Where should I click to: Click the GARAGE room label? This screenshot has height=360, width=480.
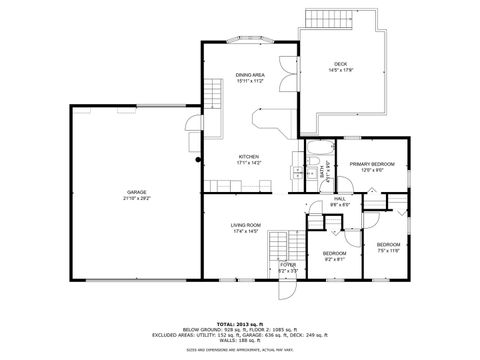(x=136, y=191)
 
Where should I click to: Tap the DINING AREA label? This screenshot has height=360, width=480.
(x=250, y=75)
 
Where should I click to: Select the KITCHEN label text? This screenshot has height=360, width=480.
(x=249, y=156)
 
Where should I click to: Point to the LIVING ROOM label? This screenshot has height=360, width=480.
(x=245, y=225)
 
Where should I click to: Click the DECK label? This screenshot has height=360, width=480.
(x=340, y=63)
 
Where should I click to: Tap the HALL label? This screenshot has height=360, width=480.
(x=339, y=198)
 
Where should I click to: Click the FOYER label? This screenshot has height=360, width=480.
(x=288, y=265)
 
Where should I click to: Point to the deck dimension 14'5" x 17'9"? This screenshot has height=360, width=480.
(x=340, y=70)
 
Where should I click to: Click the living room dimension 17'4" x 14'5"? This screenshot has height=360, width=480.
(x=245, y=231)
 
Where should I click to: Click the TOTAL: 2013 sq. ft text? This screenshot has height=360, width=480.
(x=240, y=323)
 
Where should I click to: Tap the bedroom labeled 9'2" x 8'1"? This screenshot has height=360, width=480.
(x=334, y=254)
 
